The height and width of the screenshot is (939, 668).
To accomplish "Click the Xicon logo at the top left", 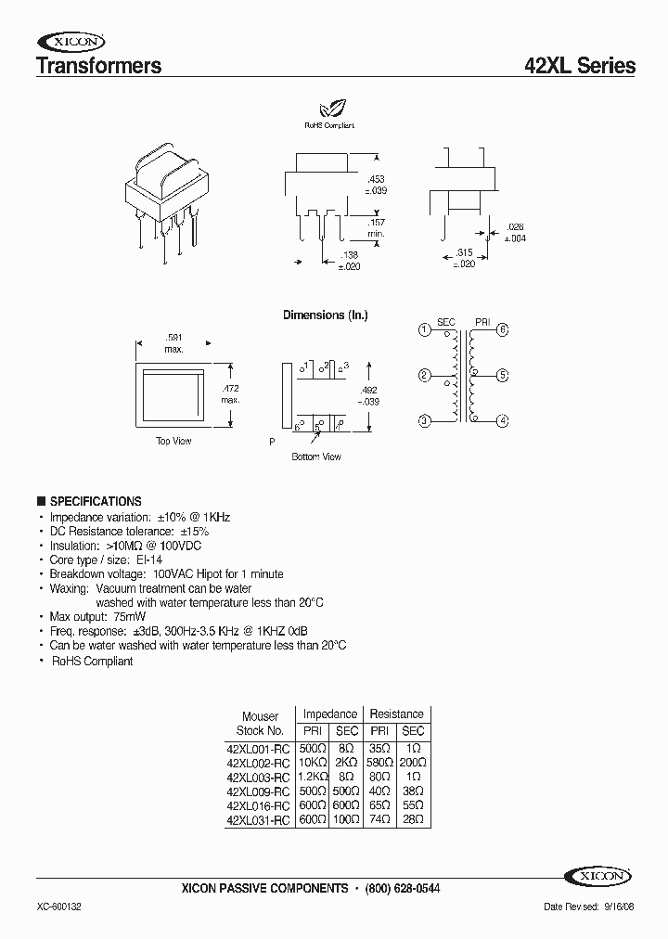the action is pyautogui.click(x=71, y=41).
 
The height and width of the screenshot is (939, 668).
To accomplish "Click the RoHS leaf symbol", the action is pyautogui.click(x=328, y=109).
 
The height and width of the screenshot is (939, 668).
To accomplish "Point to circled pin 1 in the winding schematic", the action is pyautogui.click(x=424, y=329).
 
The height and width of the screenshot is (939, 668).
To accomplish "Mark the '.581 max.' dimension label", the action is pyautogui.click(x=174, y=343).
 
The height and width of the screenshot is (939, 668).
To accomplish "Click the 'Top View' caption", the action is pyautogui.click(x=173, y=441).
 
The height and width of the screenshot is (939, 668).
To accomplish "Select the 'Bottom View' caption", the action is pyautogui.click(x=316, y=457).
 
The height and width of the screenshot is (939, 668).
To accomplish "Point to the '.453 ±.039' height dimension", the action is pyautogui.click(x=376, y=184).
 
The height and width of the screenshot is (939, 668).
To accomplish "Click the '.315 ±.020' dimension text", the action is pyautogui.click(x=463, y=258).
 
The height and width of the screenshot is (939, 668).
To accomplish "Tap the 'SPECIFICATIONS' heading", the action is pyautogui.click(x=96, y=501).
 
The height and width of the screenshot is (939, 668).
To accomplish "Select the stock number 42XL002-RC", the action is pyautogui.click(x=259, y=761).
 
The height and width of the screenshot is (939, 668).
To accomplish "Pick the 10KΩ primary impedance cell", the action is pyautogui.click(x=313, y=761).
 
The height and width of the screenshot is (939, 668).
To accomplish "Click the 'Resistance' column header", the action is pyautogui.click(x=396, y=714).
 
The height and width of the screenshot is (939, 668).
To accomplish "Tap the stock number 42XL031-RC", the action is pyautogui.click(x=259, y=820).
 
